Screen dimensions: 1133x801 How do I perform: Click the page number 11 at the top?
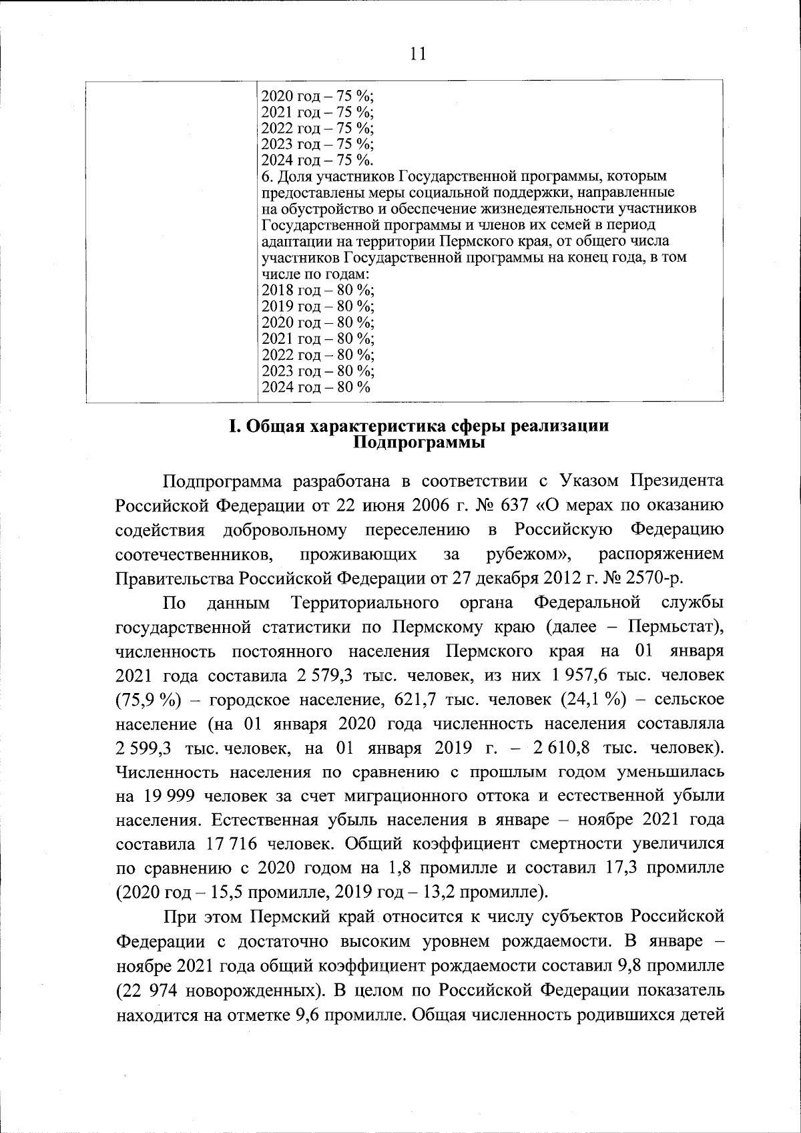click(417, 53)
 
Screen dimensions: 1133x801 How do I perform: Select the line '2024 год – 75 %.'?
click(318, 160)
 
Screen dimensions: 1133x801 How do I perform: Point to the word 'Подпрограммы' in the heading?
click(418, 442)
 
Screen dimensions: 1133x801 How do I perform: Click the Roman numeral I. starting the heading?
click(234, 427)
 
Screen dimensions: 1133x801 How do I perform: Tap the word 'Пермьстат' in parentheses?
click(670, 627)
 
